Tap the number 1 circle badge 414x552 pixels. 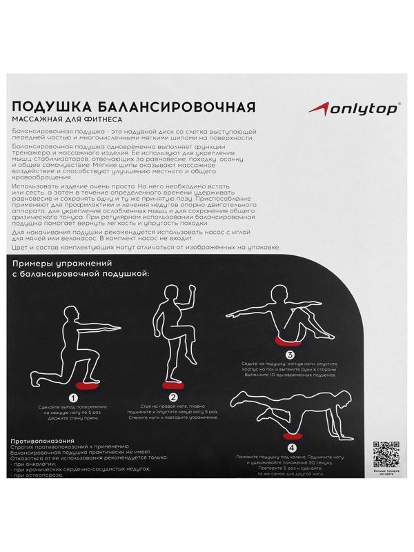click(72, 397)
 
